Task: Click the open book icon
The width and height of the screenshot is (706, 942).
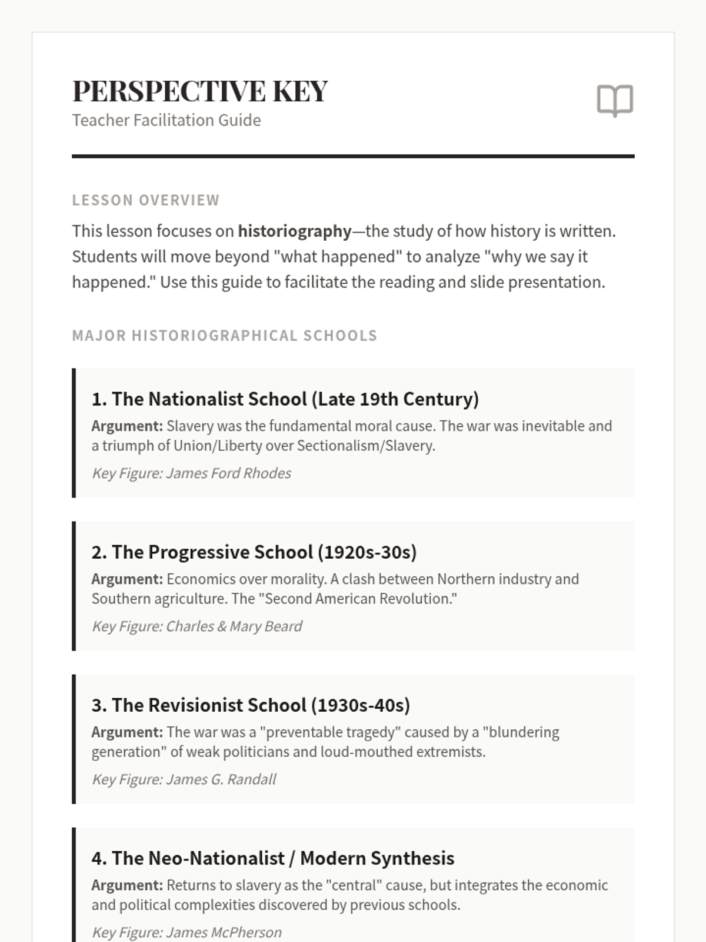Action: (x=615, y=100)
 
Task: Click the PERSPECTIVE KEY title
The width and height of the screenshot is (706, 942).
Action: (x=200, y=91)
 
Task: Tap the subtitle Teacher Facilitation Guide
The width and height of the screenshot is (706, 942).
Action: (x=166, y=120)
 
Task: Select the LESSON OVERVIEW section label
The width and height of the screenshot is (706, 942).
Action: (x=146, y=200)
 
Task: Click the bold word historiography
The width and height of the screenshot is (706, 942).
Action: (x=294, y=231)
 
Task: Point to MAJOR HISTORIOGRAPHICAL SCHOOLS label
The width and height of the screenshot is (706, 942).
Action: (x=224, y=336)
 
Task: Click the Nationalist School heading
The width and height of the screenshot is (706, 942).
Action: (x=285, y=399)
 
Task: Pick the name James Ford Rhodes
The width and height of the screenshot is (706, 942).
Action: (x=228, y=473)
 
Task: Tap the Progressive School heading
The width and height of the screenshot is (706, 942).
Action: (x=254, y=552)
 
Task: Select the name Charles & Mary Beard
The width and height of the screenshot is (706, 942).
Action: (x=234, y=626)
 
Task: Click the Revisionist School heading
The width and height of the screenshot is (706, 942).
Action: (x=251, y=705)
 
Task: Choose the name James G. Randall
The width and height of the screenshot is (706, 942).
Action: (x=221, y=780)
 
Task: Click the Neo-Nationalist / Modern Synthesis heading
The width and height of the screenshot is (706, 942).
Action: (x=272, y=858)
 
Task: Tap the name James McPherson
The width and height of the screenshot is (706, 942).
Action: (x=224, y=933)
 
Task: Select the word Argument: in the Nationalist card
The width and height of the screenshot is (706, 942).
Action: (x=127, y=426)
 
